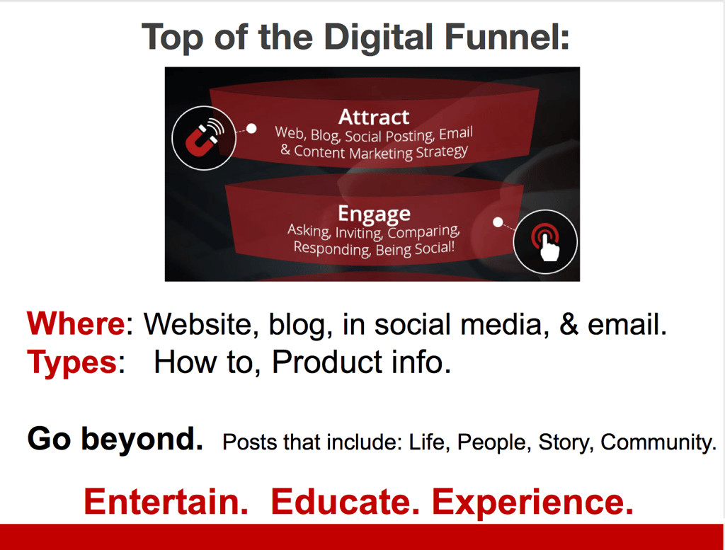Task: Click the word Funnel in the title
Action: coord(507,37)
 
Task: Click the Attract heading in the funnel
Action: coord(374,117)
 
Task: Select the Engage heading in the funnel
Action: coord(374,214)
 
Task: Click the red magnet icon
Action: coord(204,138)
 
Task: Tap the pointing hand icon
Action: coord(546,241)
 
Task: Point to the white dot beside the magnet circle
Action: coord(251,129)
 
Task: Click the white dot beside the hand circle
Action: coord(498,222)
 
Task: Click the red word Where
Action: coord(76,323)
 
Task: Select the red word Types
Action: coord(72,362)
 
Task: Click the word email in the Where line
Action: coord(627,324)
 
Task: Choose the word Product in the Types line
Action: coord(326,362)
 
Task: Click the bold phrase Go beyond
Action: coord(115,439)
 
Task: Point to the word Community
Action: coord(658,443)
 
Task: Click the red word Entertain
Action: coord(166,501)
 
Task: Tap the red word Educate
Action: coord(346,501)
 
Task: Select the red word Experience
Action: coord(532,503)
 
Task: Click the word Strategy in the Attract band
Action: coord(442,151)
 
